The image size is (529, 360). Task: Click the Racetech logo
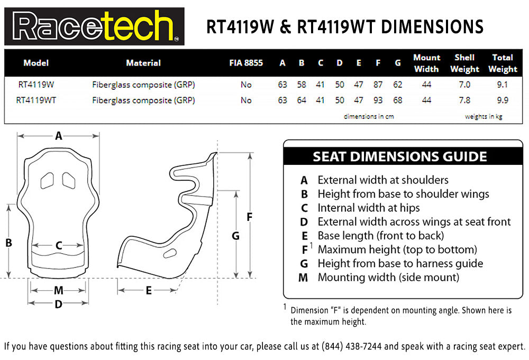94,26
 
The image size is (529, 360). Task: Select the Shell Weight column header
464,63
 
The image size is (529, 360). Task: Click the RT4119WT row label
36,100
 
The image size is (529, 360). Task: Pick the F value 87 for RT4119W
378,84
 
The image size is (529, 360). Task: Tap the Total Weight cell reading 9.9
503,100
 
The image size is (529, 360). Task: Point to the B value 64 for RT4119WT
302,100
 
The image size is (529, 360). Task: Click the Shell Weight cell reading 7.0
464,84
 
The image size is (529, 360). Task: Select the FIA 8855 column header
246,63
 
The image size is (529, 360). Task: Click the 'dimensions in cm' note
369,116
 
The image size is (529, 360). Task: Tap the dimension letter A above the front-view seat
59,136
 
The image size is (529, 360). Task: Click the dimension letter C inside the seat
59,245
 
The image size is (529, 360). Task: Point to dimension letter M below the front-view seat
59,290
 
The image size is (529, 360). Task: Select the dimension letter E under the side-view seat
149,291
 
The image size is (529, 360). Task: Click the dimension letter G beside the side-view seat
235,236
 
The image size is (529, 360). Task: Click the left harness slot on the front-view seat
47,181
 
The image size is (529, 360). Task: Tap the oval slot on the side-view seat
170,253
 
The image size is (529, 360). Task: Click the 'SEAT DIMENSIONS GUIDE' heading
400,157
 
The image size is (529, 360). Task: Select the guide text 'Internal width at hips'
369,208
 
